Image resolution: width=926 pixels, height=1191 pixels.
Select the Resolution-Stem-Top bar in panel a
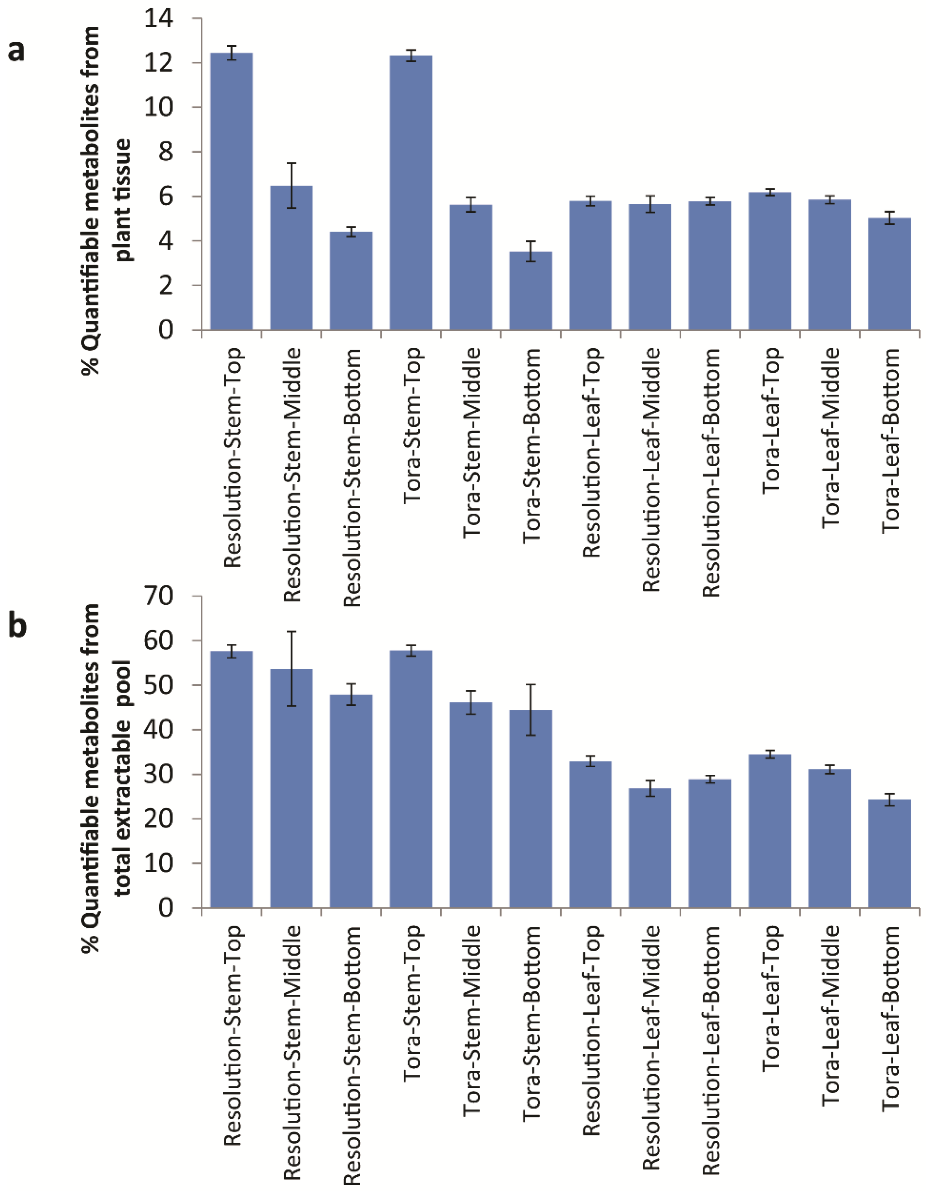coord(231,191)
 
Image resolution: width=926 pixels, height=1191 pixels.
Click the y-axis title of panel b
coord(106,753)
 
